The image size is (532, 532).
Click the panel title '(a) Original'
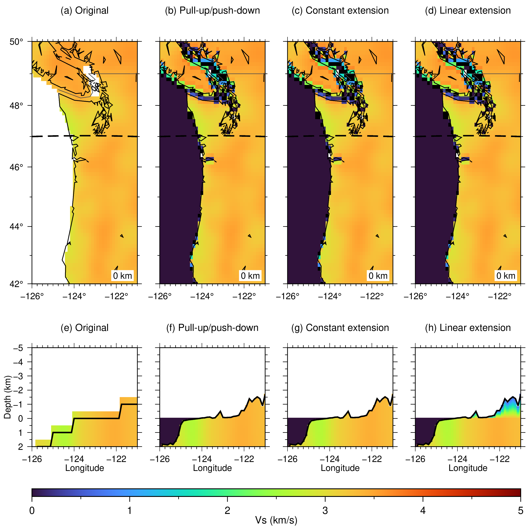click(x=84, y=10)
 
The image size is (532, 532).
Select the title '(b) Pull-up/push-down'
click(x=212, y=10)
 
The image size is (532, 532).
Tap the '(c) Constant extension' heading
click(x=340, y=10)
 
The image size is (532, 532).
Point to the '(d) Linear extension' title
click(x=468, y=10)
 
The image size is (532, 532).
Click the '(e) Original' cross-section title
click(x=84, y=328)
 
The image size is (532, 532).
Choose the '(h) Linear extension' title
click(x=468, y=328)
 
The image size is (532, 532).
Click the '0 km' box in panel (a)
click(x=123, y=276)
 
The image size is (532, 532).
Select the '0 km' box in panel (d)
click(x=506, y=276)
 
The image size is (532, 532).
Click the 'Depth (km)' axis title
click(x=7, y=397)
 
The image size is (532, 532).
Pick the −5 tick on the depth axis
click(x=18, y=348)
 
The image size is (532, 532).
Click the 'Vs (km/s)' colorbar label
click(x=276, y=520)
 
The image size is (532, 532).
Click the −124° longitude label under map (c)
click(x=330, y=296)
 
